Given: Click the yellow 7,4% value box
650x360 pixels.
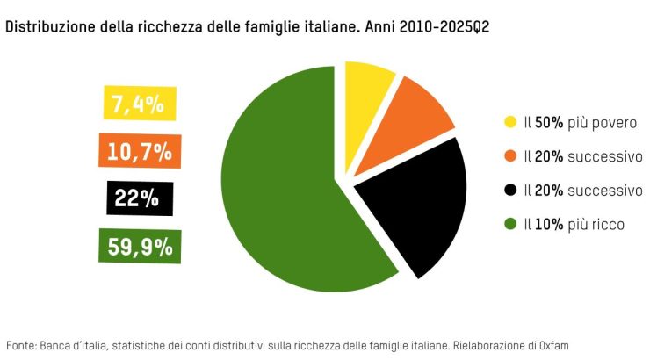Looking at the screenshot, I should click(140, 104).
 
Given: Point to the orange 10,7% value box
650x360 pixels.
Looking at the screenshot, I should click(139, 151).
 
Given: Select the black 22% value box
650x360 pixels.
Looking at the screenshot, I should click(139, 198).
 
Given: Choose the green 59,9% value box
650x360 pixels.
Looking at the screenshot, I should click(139, 245).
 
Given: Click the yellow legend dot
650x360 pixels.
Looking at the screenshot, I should click(509, 123).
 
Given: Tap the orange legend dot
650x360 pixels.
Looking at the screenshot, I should click(509, 156).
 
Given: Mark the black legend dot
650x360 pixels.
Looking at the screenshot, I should click(509, 190).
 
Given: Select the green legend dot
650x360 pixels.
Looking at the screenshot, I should click(509, 224).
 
